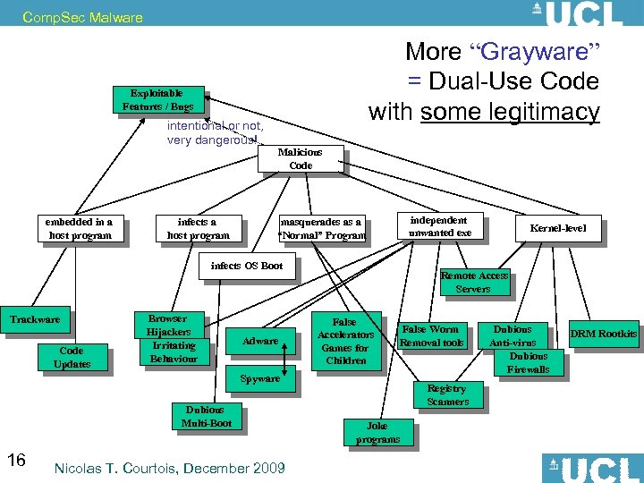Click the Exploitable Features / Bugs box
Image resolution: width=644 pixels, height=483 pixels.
[x=157, y=99]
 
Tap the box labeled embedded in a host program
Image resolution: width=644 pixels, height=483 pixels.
[x=80, y=228]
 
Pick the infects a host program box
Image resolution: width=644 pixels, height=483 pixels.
[x=197, y=228]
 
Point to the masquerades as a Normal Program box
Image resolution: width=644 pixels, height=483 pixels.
[x=321, y=228]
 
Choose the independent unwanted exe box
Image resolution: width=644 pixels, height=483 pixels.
[x=438, y=226]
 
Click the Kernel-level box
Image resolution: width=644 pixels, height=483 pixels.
[x=558, y=228]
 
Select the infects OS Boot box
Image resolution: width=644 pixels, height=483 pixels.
[x=246, y=266]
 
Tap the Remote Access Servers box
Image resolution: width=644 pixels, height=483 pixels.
[x=473, y=282]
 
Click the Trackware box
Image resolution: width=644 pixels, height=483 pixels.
[x=35, y=319]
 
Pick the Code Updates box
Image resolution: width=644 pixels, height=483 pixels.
[x=72, y=358]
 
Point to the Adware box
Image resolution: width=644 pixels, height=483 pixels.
[x=260, y=341]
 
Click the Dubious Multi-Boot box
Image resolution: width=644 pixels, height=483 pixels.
[x=207, y=416]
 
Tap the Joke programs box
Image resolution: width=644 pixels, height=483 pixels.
[x=377, y=433]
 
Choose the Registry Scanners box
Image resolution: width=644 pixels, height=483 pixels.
[x=447, y=394]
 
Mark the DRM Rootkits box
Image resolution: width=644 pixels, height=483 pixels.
[x=605, y=334]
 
